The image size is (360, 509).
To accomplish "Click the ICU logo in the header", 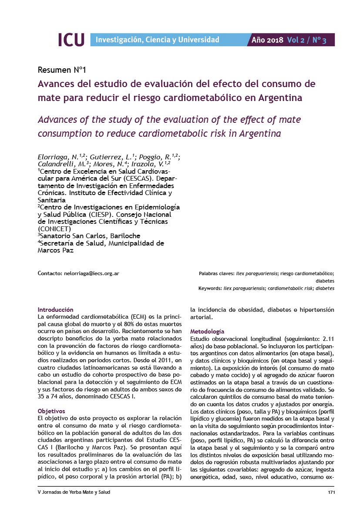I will point(71,40).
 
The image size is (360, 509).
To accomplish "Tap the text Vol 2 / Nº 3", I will point(306,40).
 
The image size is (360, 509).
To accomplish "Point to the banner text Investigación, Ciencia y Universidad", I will point(157,40).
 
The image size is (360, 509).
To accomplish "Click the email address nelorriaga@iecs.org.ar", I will point(92,273).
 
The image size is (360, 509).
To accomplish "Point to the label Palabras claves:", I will point(216,273).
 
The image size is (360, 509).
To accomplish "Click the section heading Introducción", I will point(56,309).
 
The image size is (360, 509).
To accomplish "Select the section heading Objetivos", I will point(51,411).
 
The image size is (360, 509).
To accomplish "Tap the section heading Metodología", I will point(208,331).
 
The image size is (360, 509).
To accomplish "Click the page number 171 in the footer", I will point(330,492).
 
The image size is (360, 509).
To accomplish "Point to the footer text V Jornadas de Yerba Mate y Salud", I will point(74,492).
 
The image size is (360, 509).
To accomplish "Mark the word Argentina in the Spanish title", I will point(280,97).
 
